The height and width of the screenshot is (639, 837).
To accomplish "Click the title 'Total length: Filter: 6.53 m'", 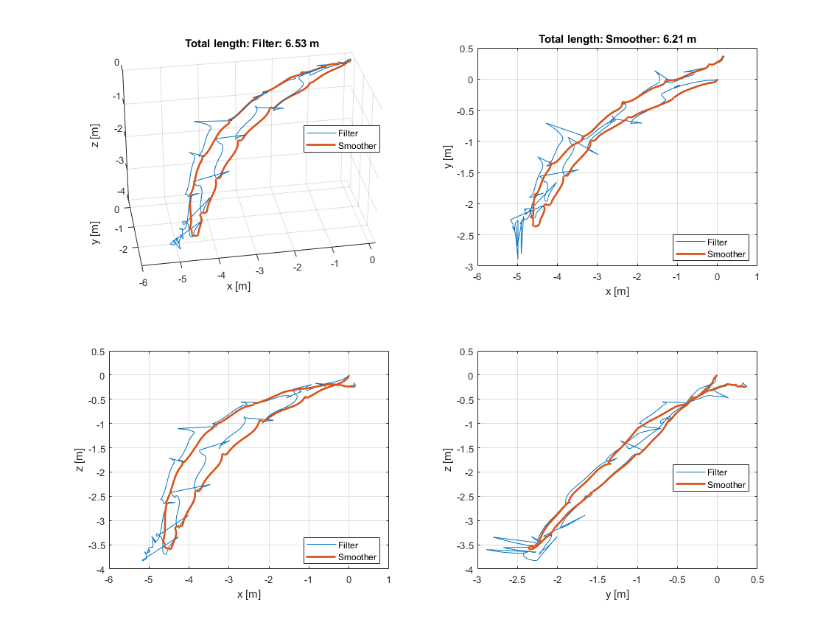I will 251,43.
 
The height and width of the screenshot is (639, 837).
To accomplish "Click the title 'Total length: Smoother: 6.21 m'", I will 617,39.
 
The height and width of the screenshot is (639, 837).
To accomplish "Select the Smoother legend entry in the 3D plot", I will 357,146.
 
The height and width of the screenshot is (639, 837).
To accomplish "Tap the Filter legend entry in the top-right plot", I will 717,242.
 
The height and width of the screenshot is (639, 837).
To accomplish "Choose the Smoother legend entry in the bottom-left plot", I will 357,557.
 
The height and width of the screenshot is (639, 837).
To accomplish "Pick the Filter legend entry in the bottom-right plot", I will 717,472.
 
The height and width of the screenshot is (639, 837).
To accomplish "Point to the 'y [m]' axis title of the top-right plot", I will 448,156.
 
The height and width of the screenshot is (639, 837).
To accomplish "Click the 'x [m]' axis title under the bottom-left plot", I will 248,595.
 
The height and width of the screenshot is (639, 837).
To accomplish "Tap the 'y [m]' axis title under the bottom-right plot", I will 616,595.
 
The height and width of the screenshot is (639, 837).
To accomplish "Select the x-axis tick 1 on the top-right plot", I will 757,276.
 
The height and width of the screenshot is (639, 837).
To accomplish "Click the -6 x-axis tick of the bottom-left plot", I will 109,581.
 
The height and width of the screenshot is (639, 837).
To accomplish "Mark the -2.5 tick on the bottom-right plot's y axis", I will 517,581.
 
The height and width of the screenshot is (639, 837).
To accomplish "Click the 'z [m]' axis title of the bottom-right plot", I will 448,460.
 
